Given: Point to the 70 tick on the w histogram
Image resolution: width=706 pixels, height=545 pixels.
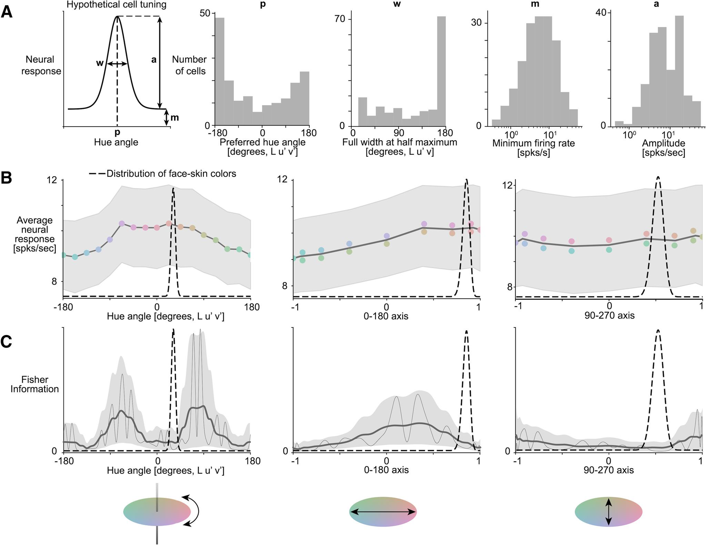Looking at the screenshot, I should (341, 19).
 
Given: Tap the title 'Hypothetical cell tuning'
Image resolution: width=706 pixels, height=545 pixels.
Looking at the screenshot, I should (117, 5).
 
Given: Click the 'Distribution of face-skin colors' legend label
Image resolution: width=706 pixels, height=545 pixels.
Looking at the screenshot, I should (171, 174).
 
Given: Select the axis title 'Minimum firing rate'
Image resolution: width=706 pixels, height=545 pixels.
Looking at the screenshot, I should (533, 143).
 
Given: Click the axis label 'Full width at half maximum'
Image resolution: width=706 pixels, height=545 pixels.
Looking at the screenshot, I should (400, 142).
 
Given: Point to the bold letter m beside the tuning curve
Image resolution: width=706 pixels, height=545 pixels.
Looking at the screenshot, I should (175, 118).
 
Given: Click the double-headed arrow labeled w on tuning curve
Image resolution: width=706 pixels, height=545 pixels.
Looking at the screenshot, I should (117, 64).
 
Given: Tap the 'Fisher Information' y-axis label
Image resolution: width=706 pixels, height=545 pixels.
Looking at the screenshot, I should (35, 384).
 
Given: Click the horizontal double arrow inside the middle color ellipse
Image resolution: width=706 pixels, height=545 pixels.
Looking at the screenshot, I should (383, 512).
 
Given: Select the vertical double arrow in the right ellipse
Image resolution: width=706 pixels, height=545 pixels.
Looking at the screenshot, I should (608, 512).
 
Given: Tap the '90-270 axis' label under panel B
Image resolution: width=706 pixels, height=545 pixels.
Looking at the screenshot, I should (609, 315).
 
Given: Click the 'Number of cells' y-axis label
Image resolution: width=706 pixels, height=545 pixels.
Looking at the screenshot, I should (189, 65).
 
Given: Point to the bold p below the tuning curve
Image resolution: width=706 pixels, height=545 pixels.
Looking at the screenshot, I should (117, 132).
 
